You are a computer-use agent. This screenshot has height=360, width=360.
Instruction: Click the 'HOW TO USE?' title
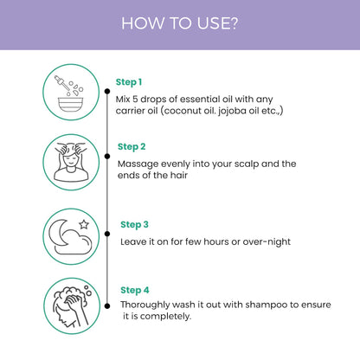(x=179, y=23)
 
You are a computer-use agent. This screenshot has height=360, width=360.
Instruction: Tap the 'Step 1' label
(x=129, y=82)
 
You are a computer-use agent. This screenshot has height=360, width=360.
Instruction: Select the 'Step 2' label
(x=132, y=147)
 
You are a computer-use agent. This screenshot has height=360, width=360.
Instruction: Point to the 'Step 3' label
(x=134, y=225)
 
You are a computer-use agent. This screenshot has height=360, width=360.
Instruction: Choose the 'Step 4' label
(x=135, y=290)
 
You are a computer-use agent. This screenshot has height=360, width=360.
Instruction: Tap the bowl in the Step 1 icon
(x=71, y=105)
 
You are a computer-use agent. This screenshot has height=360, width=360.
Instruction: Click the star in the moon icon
(x=84, y=224)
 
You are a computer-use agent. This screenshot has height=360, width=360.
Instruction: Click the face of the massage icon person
(x=71, y=162)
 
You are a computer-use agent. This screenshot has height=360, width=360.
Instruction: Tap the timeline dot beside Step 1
(x=107, y=92)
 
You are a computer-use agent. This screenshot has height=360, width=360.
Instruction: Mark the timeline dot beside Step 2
(x=107, y=157)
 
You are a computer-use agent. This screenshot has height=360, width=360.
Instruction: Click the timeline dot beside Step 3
(x=107, y=234)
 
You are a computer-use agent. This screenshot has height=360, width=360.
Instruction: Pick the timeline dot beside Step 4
(x=107, y=306)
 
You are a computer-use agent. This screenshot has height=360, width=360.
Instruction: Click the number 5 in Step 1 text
(x=135, y=100)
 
